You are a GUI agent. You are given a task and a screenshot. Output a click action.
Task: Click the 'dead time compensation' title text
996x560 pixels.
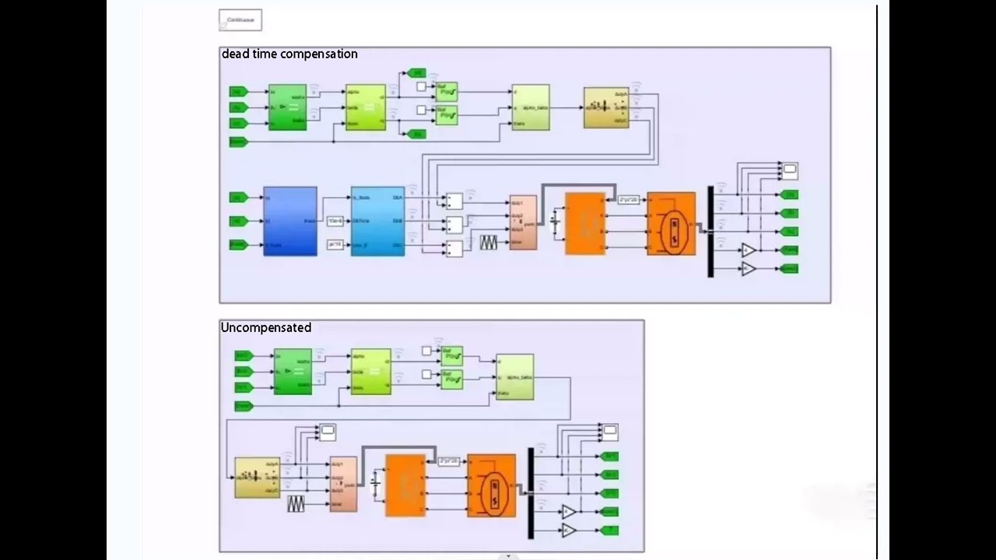tap(289, 54)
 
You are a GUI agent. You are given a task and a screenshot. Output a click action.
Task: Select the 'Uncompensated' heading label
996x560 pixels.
tap(266, 328)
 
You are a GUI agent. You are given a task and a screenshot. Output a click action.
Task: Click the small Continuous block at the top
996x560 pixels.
tap(240, 20)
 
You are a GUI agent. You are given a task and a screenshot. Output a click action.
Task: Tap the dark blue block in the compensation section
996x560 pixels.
tap(290, 221)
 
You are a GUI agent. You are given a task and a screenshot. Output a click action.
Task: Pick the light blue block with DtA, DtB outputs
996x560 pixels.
tap(377, 221)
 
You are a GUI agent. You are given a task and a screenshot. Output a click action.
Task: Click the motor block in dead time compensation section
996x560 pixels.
tap(672, 224)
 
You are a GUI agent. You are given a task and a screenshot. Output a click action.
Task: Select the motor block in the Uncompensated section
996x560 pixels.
tap(492, 485)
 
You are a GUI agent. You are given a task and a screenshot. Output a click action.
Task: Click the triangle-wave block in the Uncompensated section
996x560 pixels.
tap(296, 504)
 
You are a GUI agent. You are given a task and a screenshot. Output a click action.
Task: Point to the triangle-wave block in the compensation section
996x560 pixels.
tap(488, 243)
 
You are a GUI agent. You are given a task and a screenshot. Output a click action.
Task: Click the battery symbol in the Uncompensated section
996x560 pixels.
tap(376, 483)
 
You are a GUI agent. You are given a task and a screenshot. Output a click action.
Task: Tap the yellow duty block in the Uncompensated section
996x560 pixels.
tap(258, 478)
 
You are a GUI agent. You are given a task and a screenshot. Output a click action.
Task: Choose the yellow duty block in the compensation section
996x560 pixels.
tap(606, 107)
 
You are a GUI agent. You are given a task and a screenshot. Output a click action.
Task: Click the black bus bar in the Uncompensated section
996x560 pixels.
tap(531, 493)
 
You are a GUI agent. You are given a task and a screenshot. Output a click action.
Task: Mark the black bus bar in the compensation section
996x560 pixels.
tap(710, 231)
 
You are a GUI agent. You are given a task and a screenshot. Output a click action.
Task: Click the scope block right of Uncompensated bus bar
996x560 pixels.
tap(610, 431)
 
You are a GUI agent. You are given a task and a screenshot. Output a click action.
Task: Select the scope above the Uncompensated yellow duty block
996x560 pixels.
tap(328, 432)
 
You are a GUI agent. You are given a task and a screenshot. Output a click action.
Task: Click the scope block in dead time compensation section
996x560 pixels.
tap(790, 170)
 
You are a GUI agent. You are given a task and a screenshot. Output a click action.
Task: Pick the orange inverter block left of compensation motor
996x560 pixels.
tap(585, 223)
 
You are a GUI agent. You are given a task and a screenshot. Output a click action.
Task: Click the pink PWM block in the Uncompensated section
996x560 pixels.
tap(343, 484)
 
